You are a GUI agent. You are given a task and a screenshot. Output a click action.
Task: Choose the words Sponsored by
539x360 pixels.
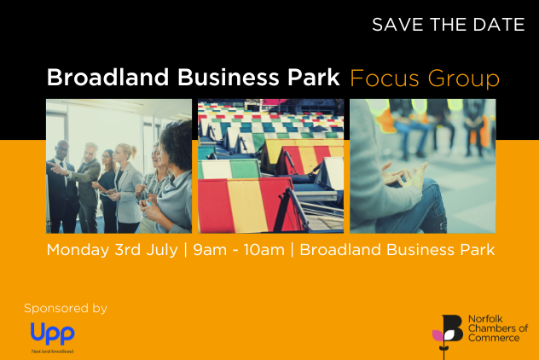click(x=66, y=308)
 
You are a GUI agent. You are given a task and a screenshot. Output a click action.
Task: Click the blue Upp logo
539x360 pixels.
click(x=52, y=332)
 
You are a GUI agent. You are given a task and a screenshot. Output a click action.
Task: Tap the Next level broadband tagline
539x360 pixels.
click(x=52, y=351)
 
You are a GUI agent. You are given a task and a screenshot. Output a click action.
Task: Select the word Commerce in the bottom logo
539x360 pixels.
click(x=496, y=338)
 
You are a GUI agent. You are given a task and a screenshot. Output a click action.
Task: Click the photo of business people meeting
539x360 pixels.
click(x=119, y=166)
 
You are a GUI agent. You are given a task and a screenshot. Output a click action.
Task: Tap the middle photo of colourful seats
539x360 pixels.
click(x=270, y=166)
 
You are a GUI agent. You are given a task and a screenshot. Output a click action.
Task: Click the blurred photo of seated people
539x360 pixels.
click(x=422, y=166)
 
